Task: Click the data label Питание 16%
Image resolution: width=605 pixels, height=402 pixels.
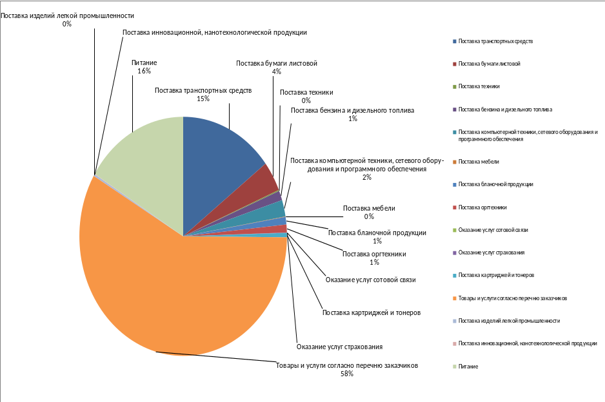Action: (144, 67)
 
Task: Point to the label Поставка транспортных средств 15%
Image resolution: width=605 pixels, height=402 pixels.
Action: (203, 94)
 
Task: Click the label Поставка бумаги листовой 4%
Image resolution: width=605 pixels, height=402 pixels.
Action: (276, 67)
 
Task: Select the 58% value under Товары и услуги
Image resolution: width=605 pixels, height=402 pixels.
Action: (347, 374)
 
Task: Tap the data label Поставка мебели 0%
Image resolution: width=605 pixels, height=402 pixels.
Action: (368, 212)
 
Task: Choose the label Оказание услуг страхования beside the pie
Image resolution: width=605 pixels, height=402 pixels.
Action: (344, 347)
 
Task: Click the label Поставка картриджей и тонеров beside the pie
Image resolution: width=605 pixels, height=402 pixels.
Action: (371, 312)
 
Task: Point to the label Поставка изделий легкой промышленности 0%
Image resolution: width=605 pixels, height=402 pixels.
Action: (67, 19)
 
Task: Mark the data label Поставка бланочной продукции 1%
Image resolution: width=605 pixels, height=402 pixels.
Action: (377, 236)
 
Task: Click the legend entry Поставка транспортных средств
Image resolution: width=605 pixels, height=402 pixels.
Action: (495, 41)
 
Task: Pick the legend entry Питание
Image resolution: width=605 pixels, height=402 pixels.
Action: (468, 366)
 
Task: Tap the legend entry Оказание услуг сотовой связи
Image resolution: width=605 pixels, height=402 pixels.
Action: (493, 230)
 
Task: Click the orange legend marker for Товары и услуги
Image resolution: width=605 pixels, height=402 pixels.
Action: (455, 298)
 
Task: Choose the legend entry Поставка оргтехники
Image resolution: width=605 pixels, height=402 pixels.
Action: (482, 207)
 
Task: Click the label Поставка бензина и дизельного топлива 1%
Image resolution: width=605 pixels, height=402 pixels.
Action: (352, 114)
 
